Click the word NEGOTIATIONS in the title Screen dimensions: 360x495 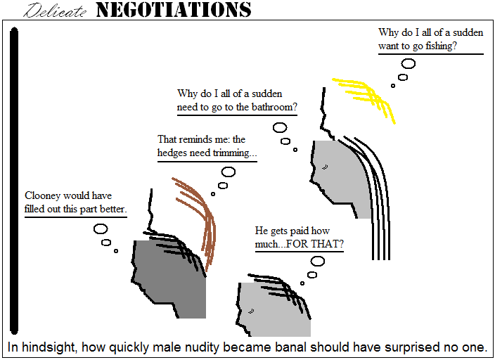pos(173,10)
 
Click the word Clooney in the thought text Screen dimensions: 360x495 pos(44,195)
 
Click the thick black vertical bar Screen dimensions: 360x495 pos(14,179)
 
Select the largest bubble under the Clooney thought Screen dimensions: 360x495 pos(101,229)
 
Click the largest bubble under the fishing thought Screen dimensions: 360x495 pos(408,63)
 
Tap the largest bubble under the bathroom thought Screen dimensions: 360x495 pos(280,128)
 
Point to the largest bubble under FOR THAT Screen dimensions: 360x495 pos(318,261)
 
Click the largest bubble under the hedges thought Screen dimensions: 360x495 pos(229,172)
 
